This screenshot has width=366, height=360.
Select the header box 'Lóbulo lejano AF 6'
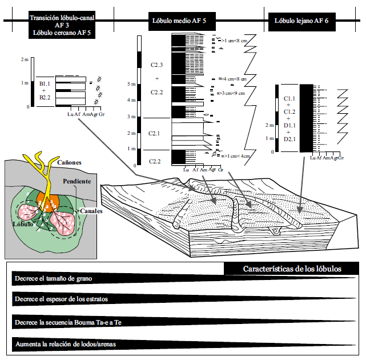click(x=301, y=21)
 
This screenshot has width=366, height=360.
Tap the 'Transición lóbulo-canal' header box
click(x=61, y=18)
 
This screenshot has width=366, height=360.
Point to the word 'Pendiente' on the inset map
click(x=78, y=181)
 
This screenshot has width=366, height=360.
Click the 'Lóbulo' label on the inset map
click(x=21, y=225)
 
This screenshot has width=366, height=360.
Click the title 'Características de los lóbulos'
click(x=292, y=269)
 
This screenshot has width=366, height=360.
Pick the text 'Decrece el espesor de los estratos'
click(x=62, y=299)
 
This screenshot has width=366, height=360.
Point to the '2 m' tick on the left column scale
click(x=24, y=59)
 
